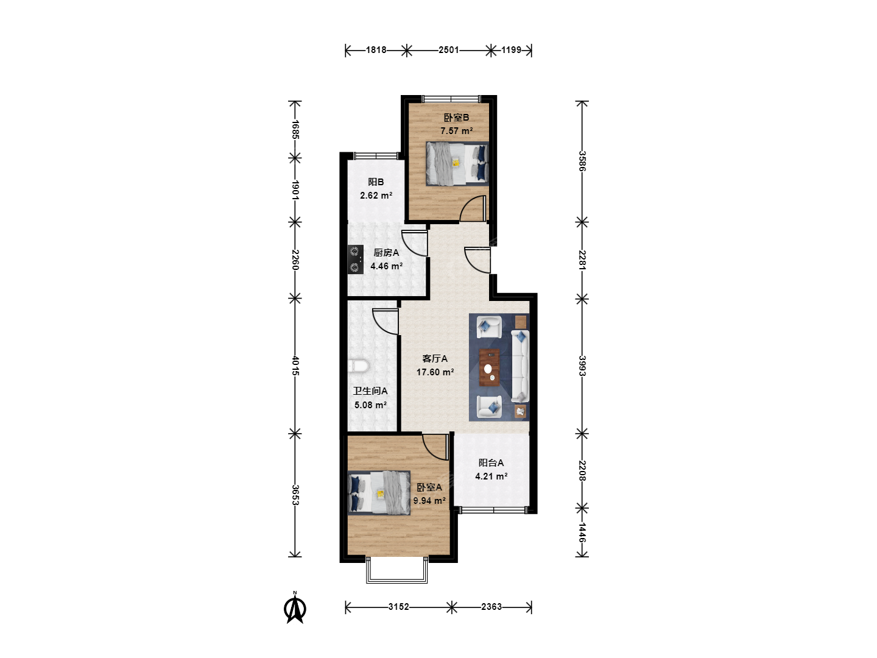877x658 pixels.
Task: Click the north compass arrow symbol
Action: tap(295, 608)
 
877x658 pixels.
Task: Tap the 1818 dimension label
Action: tap(376, 50)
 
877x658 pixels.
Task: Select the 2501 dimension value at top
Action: tap(449, 50)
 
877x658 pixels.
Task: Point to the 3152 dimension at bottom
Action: tap(399, 607)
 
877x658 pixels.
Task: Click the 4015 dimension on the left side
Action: tap(295, 366)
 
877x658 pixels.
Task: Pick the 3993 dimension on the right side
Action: tap(582, 366)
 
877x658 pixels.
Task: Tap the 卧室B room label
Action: tap(456, 118)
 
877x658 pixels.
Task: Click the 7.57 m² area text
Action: tap(457, 130)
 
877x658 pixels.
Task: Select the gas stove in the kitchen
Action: tap(355, 260)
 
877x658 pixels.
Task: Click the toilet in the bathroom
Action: tap(358, 366)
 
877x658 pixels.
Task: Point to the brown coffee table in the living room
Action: tap(490, 367)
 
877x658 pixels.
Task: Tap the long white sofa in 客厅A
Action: tap(520, 366)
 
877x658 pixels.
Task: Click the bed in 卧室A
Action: tap(379, 493)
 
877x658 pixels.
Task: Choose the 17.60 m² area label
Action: tap(435, 372)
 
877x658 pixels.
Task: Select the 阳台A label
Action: tap(491, 462)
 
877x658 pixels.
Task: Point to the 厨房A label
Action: tap(386, 252)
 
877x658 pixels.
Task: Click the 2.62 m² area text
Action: tap(376, 196)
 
